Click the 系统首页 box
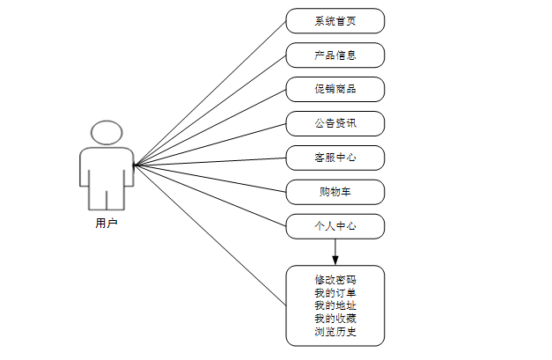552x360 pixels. [335, 21]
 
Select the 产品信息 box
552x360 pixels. [335, 55]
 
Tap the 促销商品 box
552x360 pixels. [335, 89]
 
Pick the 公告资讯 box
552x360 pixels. [335, 123]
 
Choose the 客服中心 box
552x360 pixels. [335, 158]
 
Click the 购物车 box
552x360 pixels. [335, 192]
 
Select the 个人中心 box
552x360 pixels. [335, 226]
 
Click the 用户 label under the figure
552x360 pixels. [107, 224]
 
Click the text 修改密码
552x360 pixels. [335, 280]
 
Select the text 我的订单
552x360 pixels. [335, 292]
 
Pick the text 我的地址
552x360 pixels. [335, 305]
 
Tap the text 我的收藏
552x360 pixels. [335, 318]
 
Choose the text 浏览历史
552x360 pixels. [335, 331]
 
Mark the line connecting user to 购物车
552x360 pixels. [210, 177]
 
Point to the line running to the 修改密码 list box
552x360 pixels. [210, 234]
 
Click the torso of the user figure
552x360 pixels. [107, 167]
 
